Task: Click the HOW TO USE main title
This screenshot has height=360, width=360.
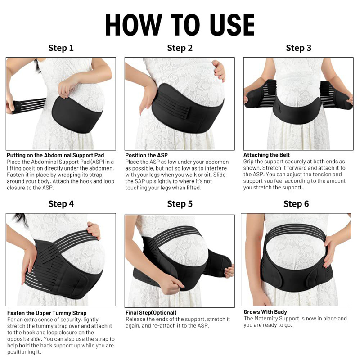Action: coord(180,25)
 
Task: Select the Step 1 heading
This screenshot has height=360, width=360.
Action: coord(61,48)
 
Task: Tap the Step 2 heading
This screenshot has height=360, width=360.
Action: coord(180,48)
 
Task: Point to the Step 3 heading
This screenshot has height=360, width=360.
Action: coord(298,48)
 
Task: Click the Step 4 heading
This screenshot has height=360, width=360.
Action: coord(61,204)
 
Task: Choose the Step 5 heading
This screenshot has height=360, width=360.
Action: coord(180,204)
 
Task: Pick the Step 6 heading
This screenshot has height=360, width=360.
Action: coord(296,204)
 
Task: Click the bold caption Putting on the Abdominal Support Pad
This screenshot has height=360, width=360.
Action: coord(55,155)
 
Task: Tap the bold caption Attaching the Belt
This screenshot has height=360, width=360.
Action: coord(266,155)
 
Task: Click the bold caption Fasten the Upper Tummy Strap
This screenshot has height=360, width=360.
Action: coord(47,313)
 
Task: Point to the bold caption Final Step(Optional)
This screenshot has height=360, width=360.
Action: coord(151,312)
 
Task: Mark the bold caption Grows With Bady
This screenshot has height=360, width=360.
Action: coord(265,312)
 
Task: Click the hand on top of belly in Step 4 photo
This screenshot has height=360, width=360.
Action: coord(94,229)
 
